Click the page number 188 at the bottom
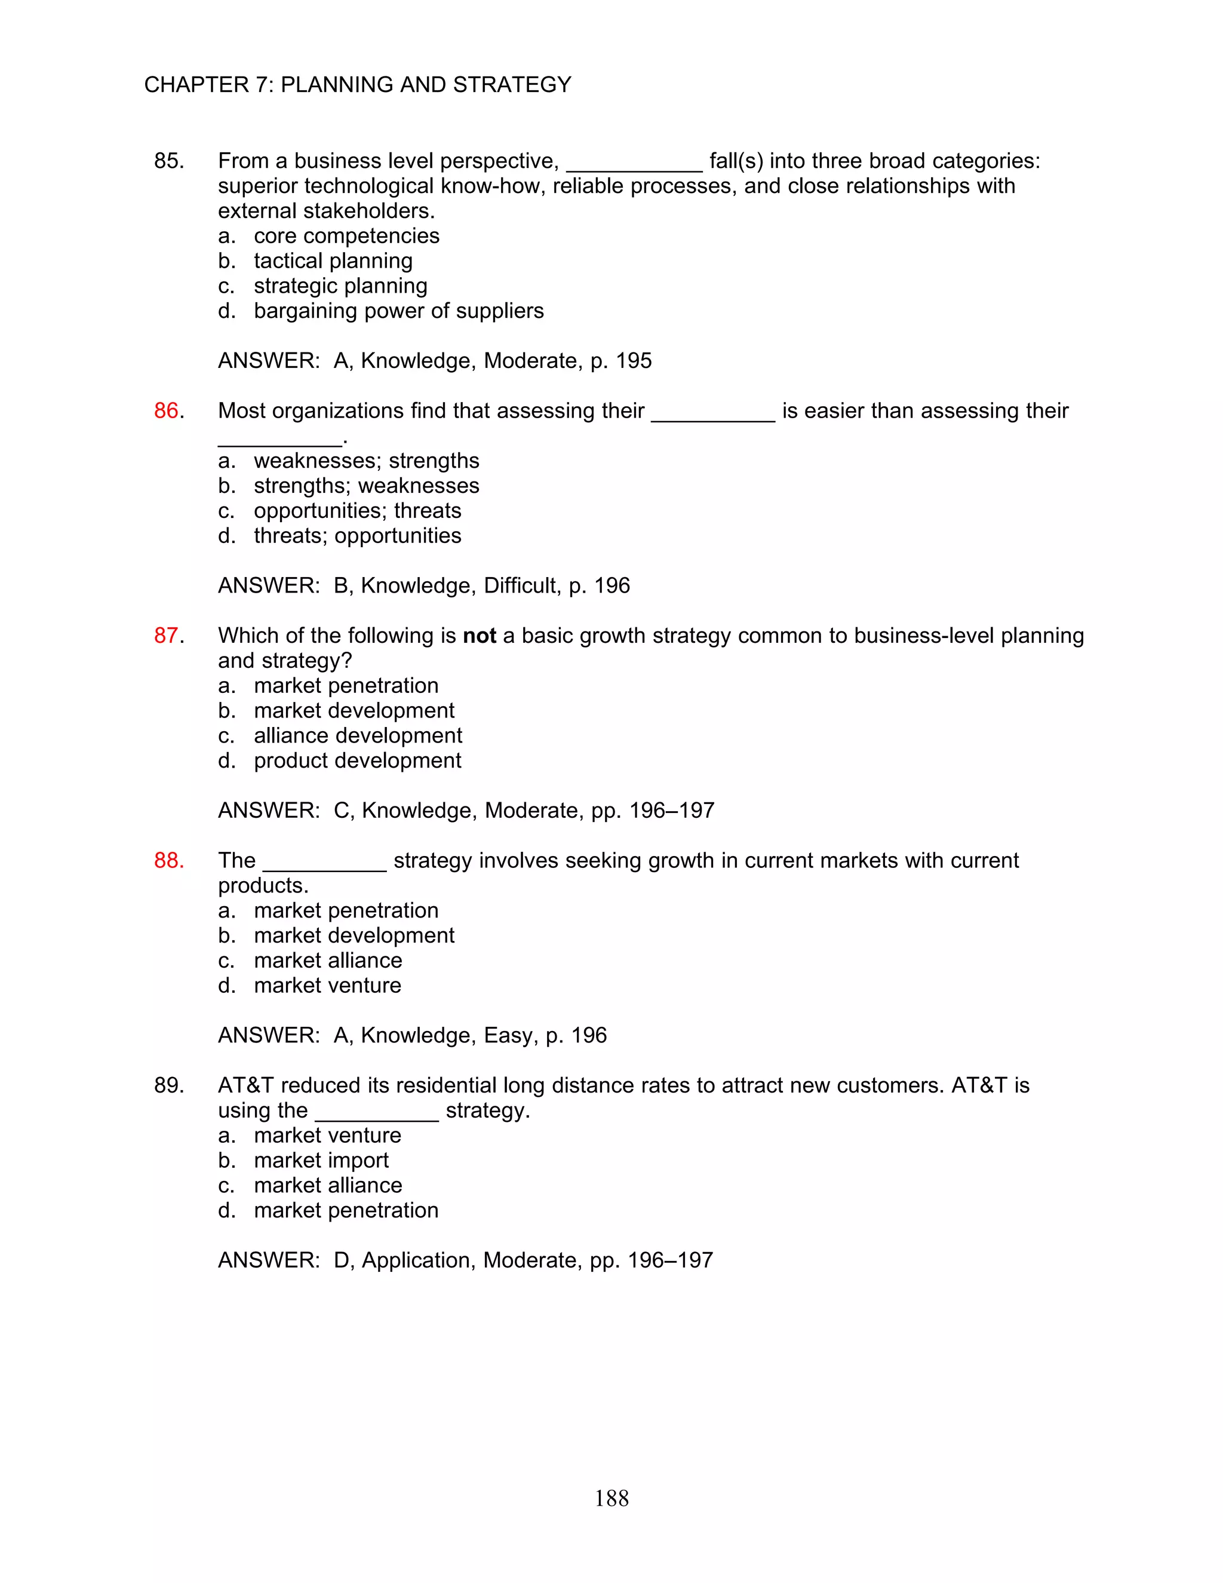(611, 1498)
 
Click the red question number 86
(166, 411)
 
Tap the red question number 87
(166, 636)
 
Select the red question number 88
(168, 860)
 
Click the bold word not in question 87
(479, 636)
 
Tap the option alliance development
(358, 736)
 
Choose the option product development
(357, 760)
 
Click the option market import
(321, 1161)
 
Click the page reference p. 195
(621, 361)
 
